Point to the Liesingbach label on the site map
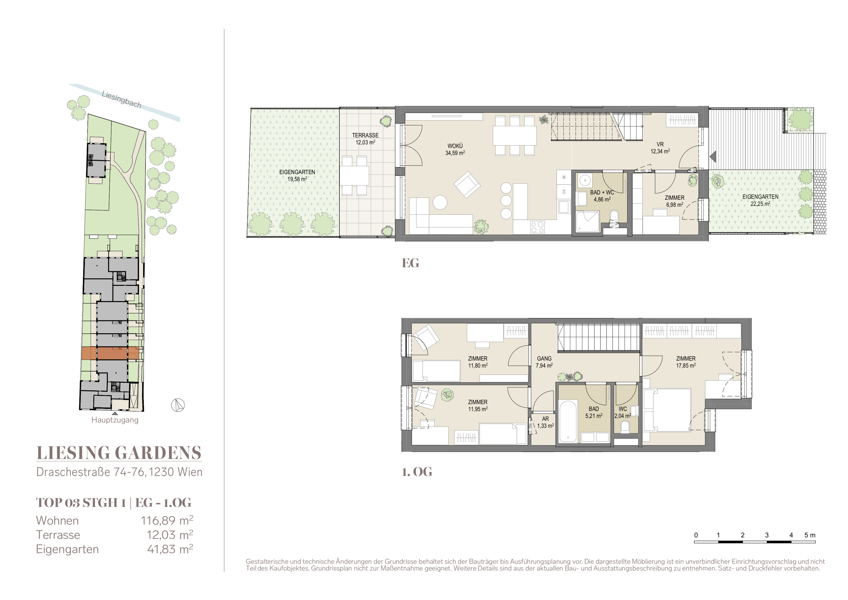122,99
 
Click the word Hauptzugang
115,420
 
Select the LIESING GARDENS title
119,453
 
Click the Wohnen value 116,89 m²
167,520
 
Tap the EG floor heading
410,263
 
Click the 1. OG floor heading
417,472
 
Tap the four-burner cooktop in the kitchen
537,226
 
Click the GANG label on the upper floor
544,358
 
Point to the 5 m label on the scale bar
810,535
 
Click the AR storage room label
545,419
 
